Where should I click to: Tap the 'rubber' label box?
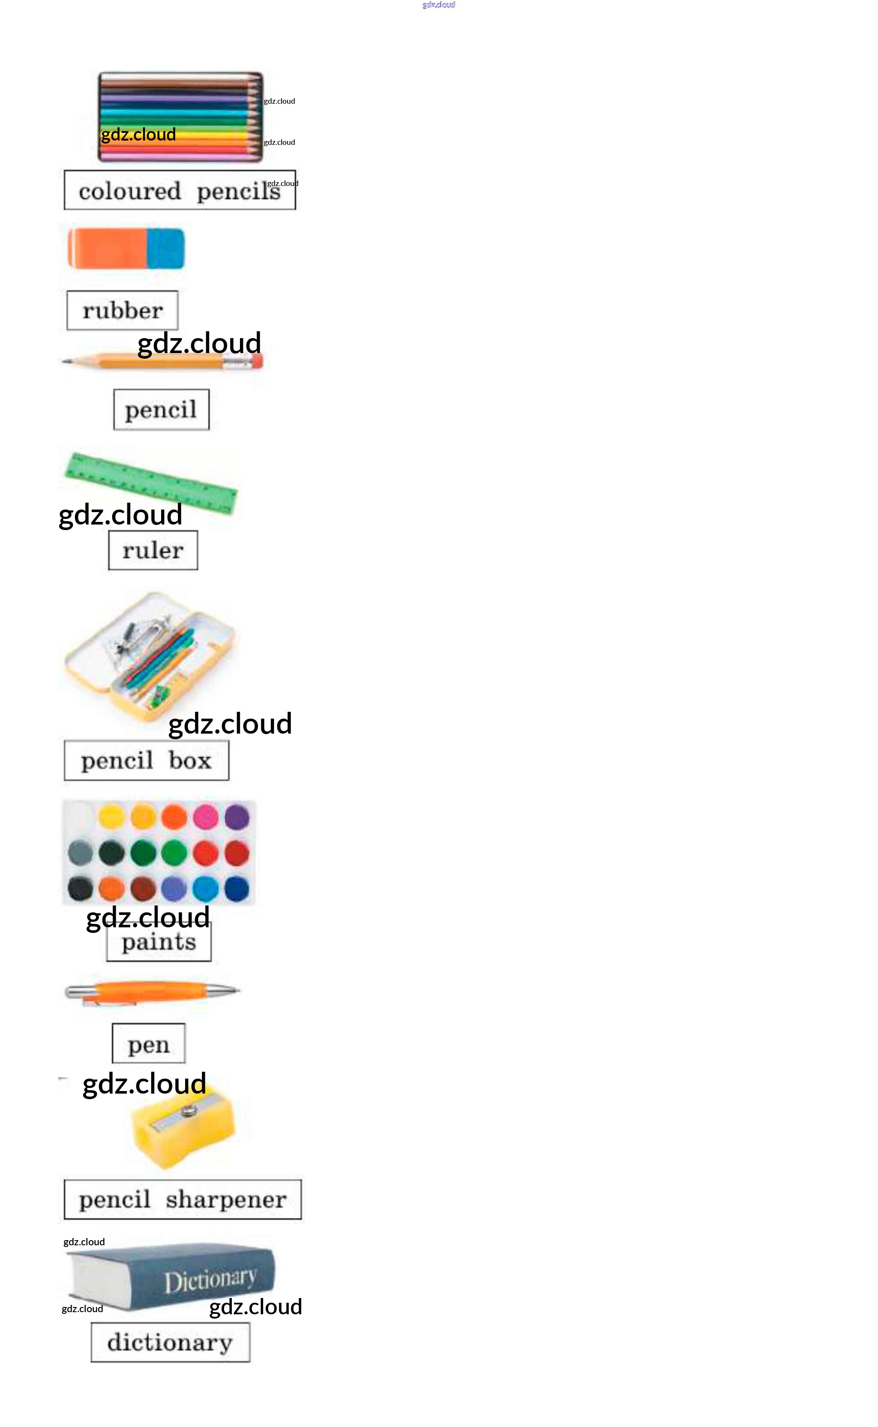pyautogui.click(x=123, y=311)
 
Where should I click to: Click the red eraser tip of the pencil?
pyautogui.click(x=257, y=362)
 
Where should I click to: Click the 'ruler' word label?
pyautogui.click(x=153, y=550)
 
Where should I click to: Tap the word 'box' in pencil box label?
pyautogui.click(x=190, y=761)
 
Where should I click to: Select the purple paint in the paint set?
pyautogui.click(x=237, y=818)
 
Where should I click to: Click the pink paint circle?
pyautogui.click(x=206, y=818)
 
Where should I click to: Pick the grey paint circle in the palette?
pyautogui.click(x=80, y=853)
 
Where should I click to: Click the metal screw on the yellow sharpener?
pyautogui.click(x=188, y=1111)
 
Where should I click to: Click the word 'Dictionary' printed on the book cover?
pyautogui.click(x=210, y=1280)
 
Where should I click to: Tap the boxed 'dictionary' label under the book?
pyautogui.click(x=170, y=1342)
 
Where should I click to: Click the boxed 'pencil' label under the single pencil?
pyautogui.click(x=161, y=410)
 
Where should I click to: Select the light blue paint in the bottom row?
pyautogui.click(x=206, y=888)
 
